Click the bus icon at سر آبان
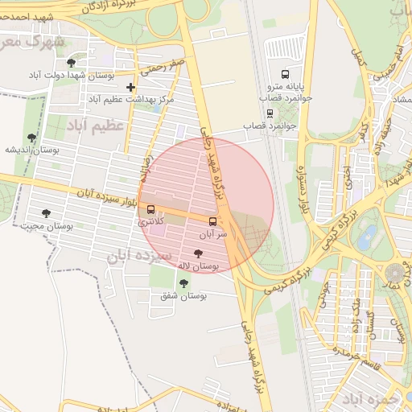click(212, 221)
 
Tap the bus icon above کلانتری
click(151, 209)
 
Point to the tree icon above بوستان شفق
click(183, 283)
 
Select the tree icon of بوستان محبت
click(45, 214)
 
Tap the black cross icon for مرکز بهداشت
click(131, 86)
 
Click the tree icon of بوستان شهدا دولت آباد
click(71, 63)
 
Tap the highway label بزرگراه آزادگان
click(121, 6)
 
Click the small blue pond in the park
click(368, 237)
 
